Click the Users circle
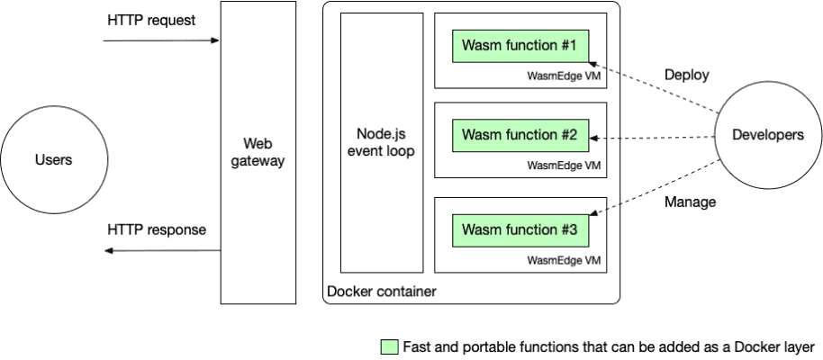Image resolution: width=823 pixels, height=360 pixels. coord(52,160)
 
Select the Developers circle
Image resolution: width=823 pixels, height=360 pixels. coord(767,135)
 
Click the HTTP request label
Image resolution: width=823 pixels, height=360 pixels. coord(151,20)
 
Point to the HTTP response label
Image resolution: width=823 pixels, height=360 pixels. coord(157,229)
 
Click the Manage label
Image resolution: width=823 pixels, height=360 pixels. coord(690,202)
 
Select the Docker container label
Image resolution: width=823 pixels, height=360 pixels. coord(382,292)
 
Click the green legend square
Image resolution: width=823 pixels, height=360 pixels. coord(389,346)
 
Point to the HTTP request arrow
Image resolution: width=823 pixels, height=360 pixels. coord(162,40)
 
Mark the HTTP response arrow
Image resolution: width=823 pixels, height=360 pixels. coord(162,250)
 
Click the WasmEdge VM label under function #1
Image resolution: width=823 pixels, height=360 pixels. coord(564,76)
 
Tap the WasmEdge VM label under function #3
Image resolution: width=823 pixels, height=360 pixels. coord(564,261)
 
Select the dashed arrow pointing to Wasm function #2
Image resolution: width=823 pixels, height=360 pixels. coord(653,138)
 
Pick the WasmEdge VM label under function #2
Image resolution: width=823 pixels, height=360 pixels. coord(564,166)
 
